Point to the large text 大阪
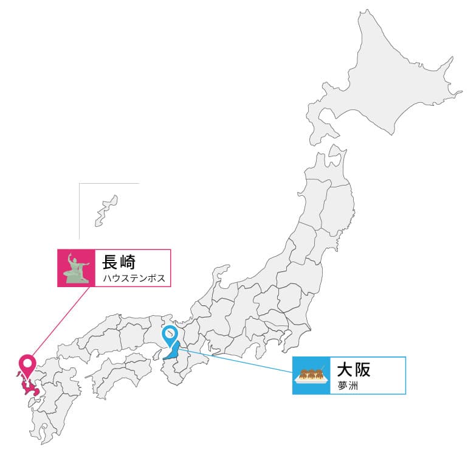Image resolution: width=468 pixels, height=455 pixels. point(354,370)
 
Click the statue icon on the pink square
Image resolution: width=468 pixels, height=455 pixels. point(76,268)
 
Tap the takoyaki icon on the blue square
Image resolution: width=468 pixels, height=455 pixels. point(311,376)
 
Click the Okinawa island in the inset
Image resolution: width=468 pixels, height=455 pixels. point(105,210)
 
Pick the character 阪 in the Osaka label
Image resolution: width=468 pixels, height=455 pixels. point(363,370)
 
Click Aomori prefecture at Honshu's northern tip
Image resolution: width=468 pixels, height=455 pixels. point(328,164)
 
